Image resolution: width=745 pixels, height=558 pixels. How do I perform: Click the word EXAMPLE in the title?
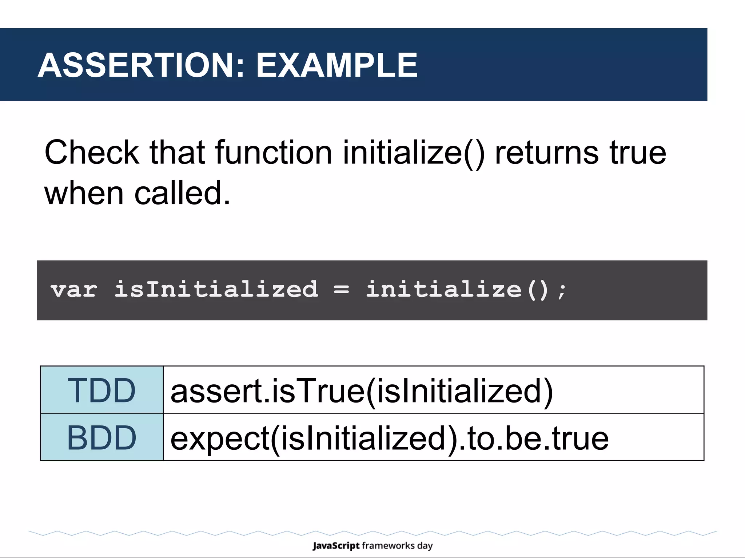pos(337,65)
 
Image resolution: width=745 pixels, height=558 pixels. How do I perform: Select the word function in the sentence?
pos(274,153)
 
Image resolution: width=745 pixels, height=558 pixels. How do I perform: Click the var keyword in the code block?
pos(74,290)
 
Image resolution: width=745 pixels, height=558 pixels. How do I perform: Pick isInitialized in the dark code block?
pos(216,289)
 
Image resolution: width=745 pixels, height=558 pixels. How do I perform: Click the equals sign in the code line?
pos(341,290)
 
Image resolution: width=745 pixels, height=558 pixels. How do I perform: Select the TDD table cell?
pos(102,390)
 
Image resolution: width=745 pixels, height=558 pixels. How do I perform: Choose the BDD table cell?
pos(102,437)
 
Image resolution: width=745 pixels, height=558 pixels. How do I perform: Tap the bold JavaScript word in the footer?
pos(336,546)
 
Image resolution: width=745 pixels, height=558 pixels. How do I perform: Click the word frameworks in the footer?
pos(388,546)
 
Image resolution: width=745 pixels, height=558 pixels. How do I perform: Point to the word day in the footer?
pos(425,546)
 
